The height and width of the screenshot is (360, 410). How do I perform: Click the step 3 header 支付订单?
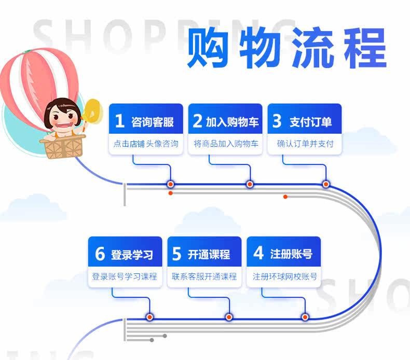pos(305,122)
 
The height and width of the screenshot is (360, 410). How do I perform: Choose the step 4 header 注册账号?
pos(283,254)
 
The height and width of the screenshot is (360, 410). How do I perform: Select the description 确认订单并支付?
pos(305,144)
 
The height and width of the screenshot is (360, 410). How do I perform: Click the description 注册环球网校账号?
pos(284,276)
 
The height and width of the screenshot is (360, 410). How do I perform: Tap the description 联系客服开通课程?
pos(204,276)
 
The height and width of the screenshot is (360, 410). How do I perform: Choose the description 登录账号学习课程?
pos(125,276)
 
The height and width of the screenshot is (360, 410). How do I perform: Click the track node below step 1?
pos(170,184)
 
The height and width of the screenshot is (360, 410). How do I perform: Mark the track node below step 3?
pos(326,184)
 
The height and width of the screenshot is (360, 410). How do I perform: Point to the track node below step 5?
pos(228,317)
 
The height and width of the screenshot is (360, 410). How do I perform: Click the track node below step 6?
pos(149,317)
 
